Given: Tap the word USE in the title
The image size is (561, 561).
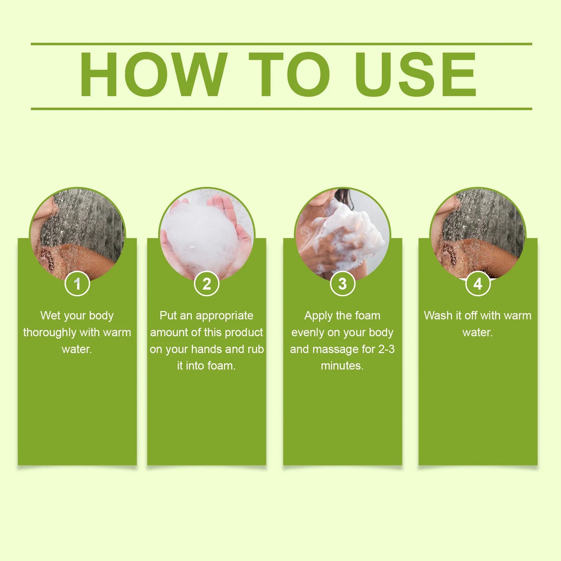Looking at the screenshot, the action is [x=416, y=74].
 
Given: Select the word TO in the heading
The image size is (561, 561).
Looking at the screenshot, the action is [x=289, y=74].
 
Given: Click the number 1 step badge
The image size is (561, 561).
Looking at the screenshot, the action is [x=77, y=283].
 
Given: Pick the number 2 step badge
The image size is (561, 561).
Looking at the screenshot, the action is [x=207, y=283].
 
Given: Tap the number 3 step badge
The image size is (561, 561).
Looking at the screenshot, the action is [x=342, y=283].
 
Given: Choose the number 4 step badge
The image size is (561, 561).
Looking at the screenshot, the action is [x=478, y=283].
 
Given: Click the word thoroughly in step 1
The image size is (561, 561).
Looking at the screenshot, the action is [x=49, y=333].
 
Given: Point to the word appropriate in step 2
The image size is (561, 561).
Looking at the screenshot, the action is [x=224, y=316].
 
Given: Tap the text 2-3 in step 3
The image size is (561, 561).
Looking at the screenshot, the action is [x=386, y=349].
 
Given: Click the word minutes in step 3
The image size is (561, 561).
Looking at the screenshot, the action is [x=342, y=366].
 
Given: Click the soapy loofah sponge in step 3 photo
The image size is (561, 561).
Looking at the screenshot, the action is [x=349, y=233].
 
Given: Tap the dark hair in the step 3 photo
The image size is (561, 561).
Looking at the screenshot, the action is [x=345, y=198].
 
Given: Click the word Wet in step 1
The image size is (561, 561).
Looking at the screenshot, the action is [x=50, y=316].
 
